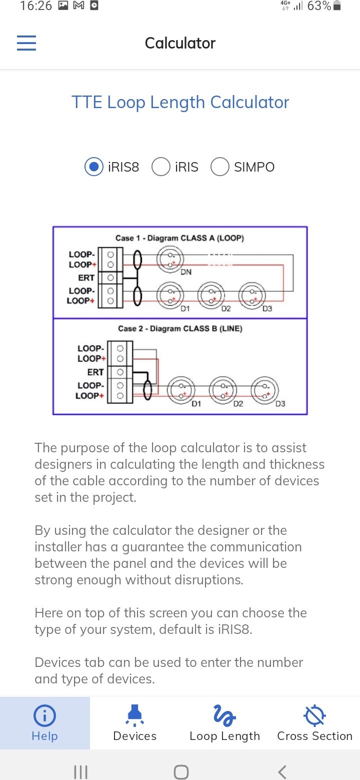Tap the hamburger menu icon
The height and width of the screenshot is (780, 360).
pyautogui.click(x=26, y=43)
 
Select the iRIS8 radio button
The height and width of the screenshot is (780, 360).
pyautogui.click(x=94, y=167)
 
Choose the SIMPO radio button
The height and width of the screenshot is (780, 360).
pyautogui.click(x=220, y=167)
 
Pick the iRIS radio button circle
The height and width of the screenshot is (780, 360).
pyautogui.click(x=160, y=167)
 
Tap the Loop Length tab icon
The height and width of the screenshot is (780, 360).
pyautogui.click(x=224, y=715)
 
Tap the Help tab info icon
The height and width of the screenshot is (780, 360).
pyautogui.click(x=44, y=715)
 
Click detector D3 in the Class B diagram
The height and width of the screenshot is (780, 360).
pyautogui.click(x=264, y=391)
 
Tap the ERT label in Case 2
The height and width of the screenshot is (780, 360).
pyautogui.click(x=95, y=372)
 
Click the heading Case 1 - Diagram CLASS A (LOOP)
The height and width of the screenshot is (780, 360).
pyautogui.click(x=180, y=238)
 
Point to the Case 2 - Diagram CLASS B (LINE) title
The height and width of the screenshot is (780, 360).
pyautogui.click(x=180, y=329)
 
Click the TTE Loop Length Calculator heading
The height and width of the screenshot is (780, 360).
pyautogui.click(x=180, y=103)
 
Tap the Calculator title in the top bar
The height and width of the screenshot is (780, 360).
pyautogui.click(x=180, y=43)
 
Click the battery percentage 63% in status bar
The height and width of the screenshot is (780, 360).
pyautogui.click(x=319, y=6)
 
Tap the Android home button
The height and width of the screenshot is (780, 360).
pyautogui.click(x=181, y=771)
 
